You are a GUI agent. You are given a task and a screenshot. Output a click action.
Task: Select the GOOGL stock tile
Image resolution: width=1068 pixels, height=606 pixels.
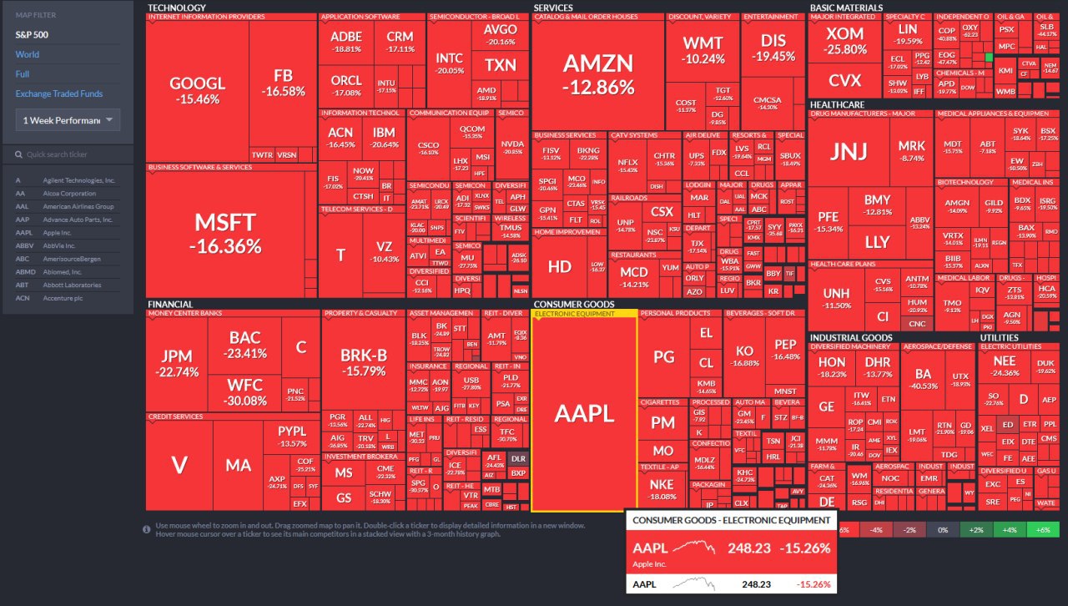[x=198, y=89]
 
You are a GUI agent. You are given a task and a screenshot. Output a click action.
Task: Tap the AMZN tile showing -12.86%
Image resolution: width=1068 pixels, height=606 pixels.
[x=597, y=73]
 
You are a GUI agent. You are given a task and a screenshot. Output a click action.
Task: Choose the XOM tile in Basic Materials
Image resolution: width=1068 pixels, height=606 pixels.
[x=845, y=41]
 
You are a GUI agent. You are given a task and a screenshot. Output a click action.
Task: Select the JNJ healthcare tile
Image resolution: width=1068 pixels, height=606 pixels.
[x=849, y=151]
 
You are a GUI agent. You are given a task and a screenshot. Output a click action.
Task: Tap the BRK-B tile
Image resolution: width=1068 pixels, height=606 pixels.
[x=363, y=361]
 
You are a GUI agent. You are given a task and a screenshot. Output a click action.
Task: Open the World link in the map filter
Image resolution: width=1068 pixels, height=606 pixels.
[x=28, y=54]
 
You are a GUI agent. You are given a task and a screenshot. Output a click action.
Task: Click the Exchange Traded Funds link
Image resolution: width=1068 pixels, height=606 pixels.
[x=59, y=93]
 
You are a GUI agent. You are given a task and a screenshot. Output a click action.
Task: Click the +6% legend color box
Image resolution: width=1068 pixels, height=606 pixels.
[x=1042, y=530]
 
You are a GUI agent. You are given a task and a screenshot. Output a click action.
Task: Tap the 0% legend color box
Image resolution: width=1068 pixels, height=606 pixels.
[x=943, y=530]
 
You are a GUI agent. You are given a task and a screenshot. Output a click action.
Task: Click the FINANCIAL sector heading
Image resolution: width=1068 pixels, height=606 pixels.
[x=170, y=304]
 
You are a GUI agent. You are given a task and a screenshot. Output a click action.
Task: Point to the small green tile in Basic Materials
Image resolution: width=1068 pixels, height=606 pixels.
[x=989, y=57]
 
